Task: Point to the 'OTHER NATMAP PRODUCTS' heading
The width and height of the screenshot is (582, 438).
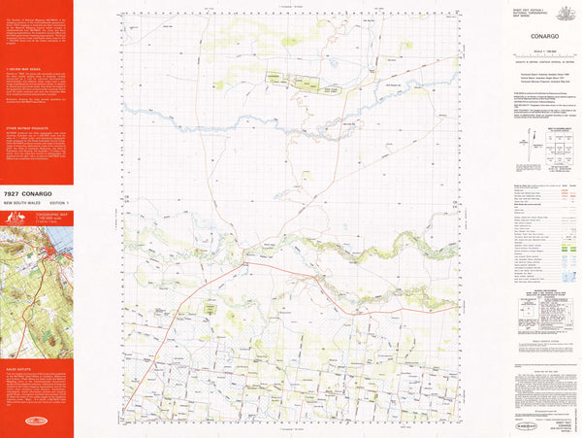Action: coord(23,127)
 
